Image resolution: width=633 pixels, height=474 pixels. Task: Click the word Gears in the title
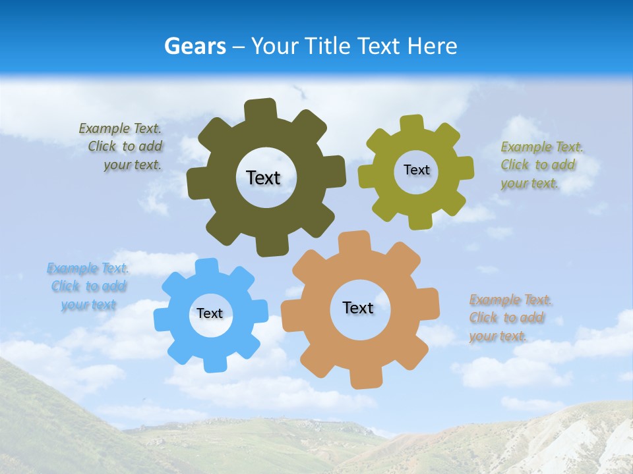coord(195,46)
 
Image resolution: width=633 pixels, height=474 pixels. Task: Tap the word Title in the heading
coord(326,46)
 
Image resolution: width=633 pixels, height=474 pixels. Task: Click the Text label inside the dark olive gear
coord(263,178)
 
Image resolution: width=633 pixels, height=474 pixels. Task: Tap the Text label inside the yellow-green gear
coord(416,170)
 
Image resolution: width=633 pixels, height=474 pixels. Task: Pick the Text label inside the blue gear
coord(210,313)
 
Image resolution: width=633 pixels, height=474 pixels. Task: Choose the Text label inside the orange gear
coord(358,307)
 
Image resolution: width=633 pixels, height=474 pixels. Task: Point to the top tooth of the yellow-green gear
coord(412,123)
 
